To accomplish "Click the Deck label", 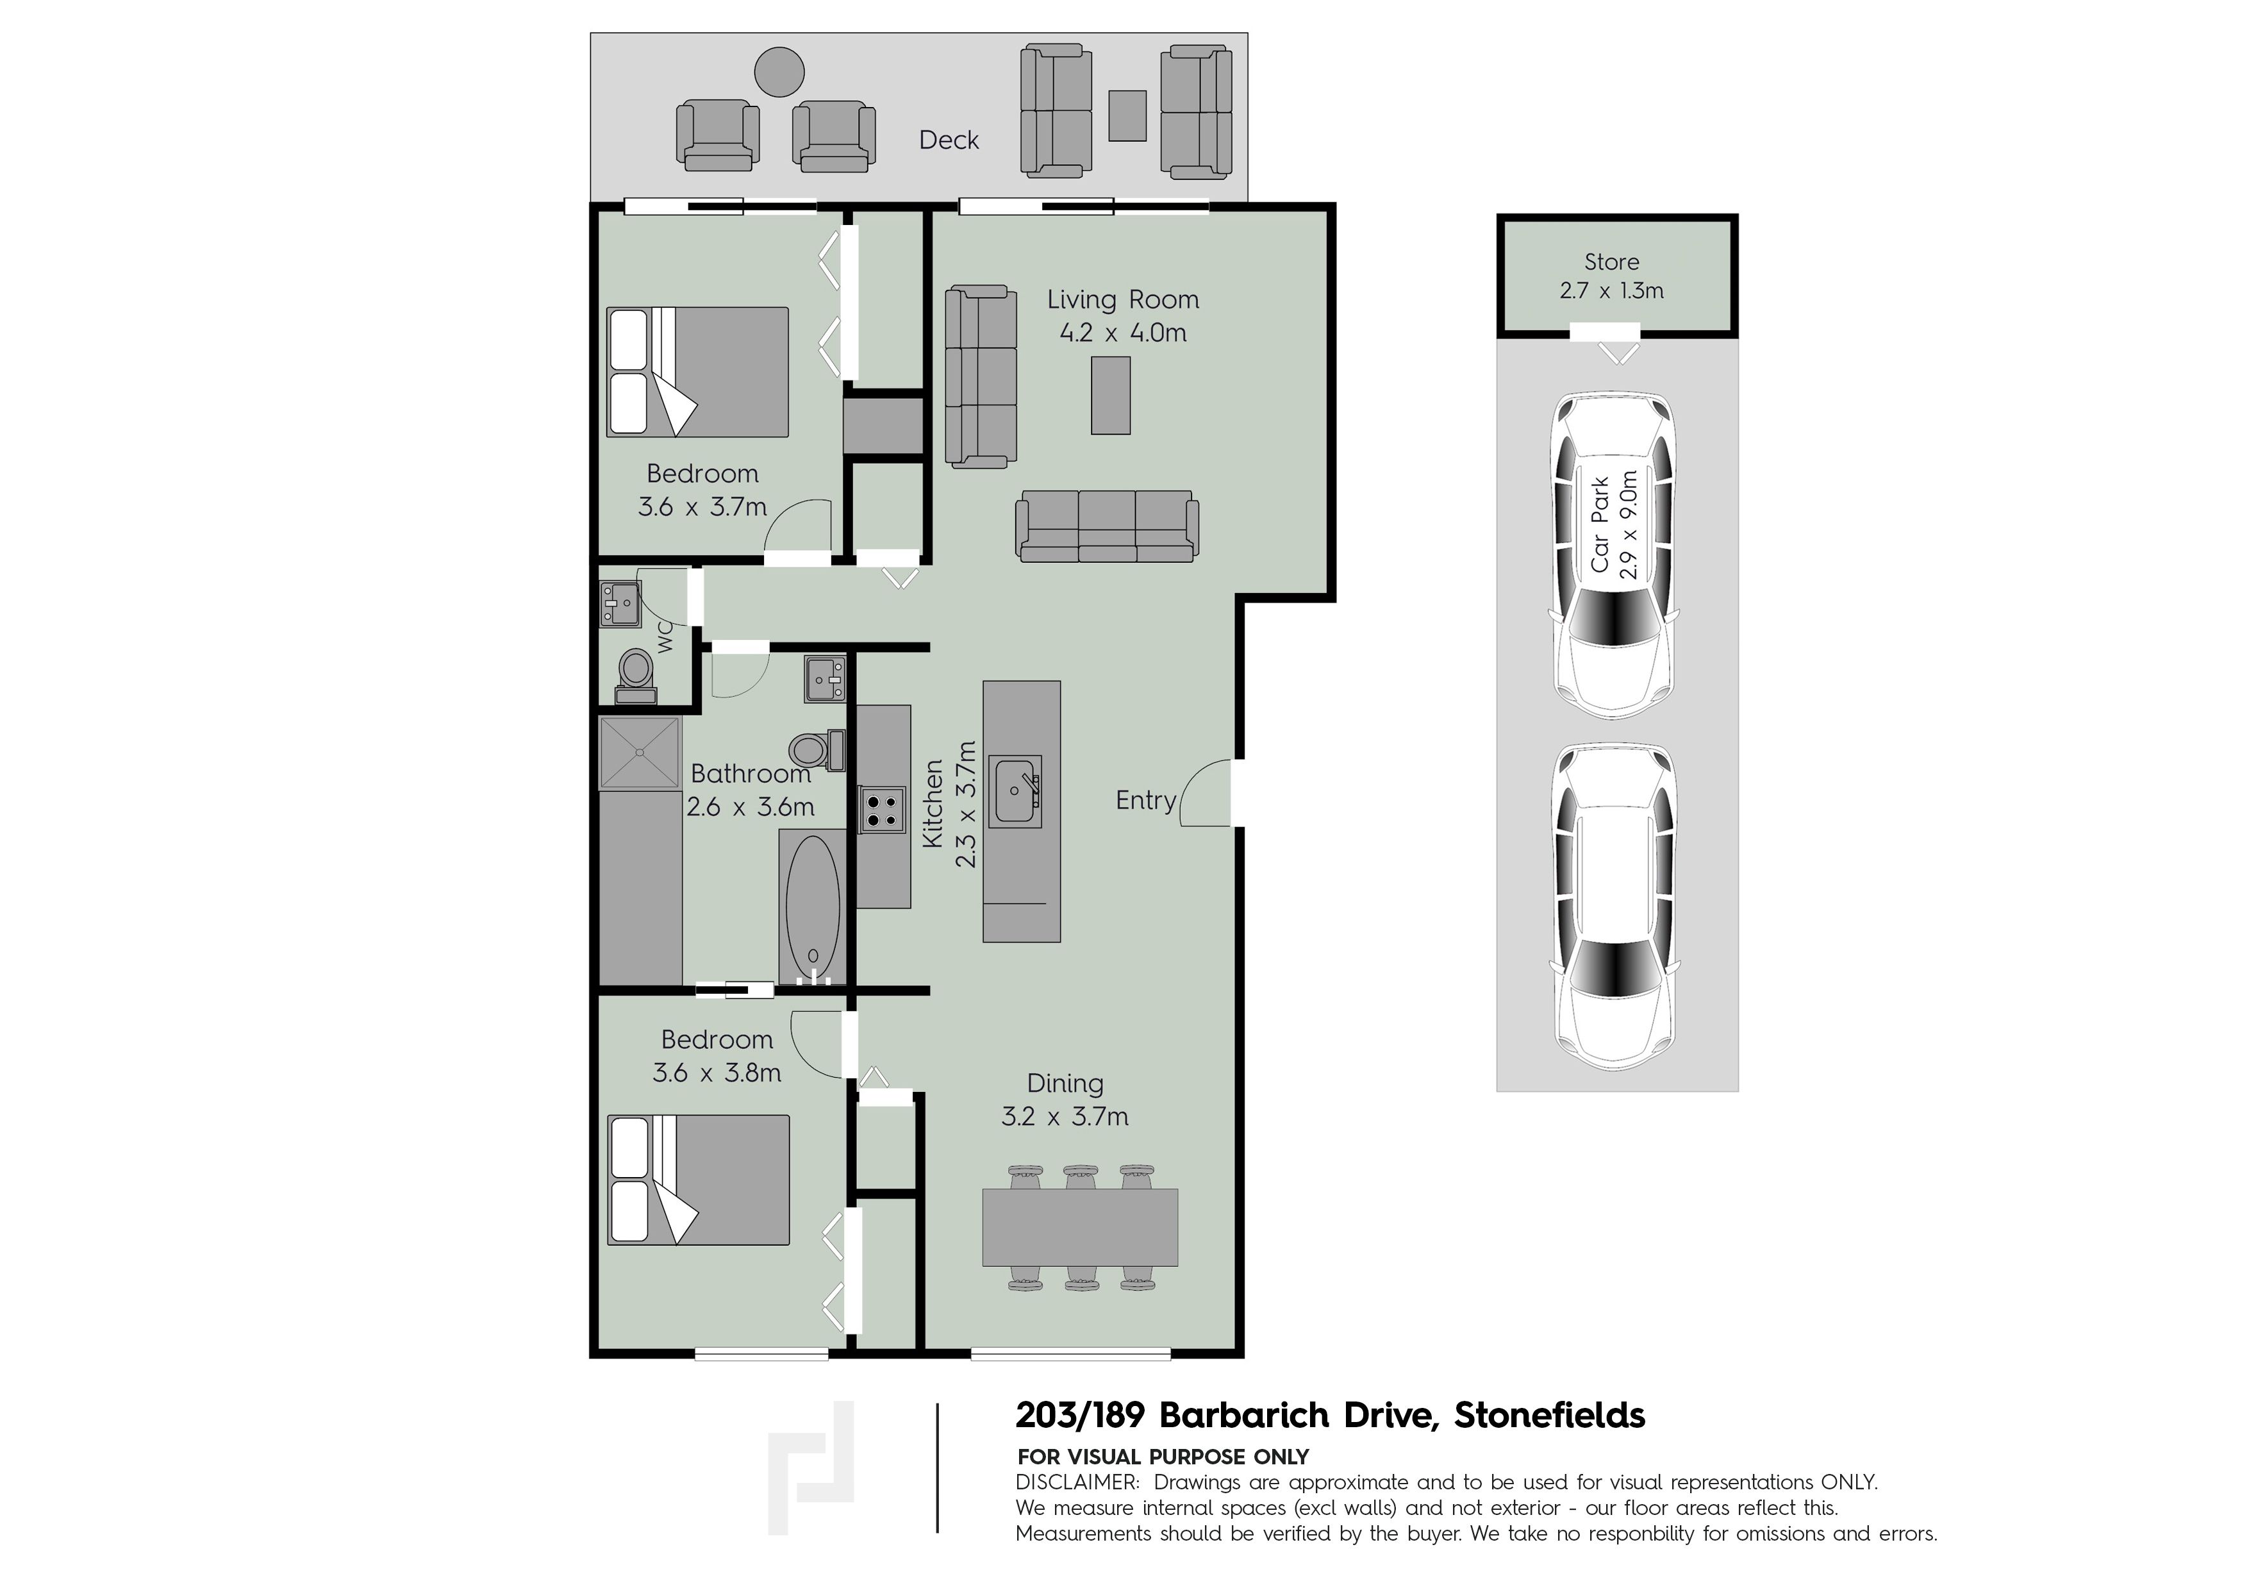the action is pyautogui.click(x=948, y=140).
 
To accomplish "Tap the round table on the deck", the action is pyautogui.click(x=780, y=72).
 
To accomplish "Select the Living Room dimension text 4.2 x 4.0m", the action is pyautogui.click(x=1122, y=333).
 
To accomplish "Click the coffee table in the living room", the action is pyautogui.click(x=1111, y=395).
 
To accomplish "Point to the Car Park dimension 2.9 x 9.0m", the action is pyautogui.click(x=1628, y=525).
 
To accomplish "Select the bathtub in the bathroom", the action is pyautogui.click(x=813, y=906).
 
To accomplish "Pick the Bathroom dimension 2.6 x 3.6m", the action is pyautogui.click(x=751, y=807).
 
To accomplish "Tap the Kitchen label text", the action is pyautogui.click(x=933, y=803).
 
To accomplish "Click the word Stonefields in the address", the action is pyautogui.click(x=1550, y=1416).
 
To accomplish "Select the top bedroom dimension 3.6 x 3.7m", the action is pyautogui.click(x=702, y=508).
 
